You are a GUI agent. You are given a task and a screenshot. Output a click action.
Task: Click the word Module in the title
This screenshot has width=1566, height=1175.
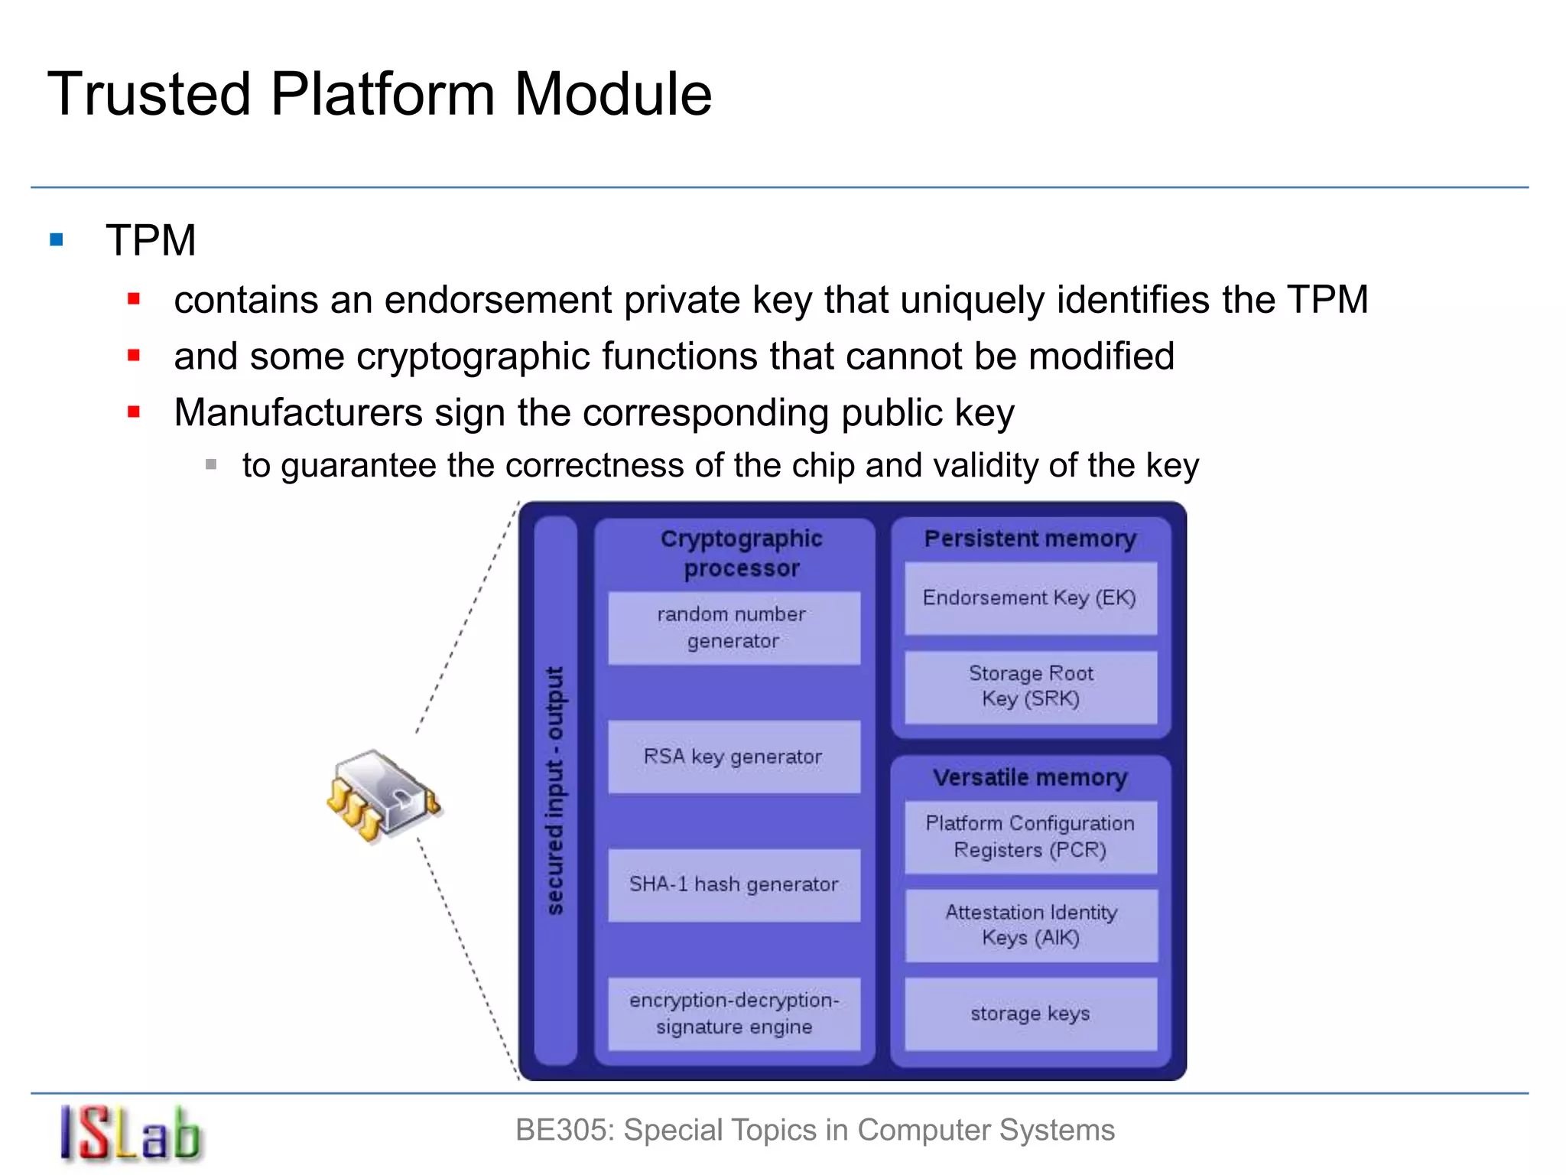pos(612,94)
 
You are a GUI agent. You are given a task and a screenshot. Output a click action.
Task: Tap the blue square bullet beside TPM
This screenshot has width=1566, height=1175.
pos(57,240)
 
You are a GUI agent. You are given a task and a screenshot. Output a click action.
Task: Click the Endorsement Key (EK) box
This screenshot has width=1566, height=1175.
pos(1030,598)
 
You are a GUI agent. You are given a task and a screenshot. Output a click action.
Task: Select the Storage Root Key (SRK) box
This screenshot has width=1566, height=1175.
pos(1030,686)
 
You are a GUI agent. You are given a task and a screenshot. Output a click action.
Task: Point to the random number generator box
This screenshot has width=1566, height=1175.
pos(733,627)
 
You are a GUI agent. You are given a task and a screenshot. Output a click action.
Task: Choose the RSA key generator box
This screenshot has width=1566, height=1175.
pos(733,757)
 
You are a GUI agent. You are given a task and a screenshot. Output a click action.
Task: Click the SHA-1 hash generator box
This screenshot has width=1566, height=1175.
pos(733,884)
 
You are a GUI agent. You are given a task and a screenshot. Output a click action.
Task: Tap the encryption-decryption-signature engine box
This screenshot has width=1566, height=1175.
pos(733,1014)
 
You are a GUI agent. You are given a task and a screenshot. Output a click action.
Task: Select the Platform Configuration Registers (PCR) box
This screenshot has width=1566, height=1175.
pos(1030,837)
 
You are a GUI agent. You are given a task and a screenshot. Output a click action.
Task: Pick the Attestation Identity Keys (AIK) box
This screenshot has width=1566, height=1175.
pos(1030,925)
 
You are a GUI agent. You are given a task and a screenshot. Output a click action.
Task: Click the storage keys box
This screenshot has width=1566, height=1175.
pos(1030,1014)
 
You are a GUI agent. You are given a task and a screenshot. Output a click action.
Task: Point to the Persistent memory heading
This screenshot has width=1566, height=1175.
pos(1030,539)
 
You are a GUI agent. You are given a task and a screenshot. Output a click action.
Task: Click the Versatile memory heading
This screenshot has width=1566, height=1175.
pos(1030,778)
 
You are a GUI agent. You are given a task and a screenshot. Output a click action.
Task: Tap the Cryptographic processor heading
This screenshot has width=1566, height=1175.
pos(741,553)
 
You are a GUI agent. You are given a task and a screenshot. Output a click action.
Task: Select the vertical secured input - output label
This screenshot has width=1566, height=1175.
pos(555,790)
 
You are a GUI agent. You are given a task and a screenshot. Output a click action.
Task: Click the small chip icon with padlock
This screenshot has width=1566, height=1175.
pos(382,796)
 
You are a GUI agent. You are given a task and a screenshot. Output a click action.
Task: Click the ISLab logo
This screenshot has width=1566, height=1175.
pos(130,1134)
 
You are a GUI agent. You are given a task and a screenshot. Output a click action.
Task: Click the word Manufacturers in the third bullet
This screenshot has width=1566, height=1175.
pos(297,413)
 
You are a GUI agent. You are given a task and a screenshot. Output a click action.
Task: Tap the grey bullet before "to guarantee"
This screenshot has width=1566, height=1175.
pos(211,464)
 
